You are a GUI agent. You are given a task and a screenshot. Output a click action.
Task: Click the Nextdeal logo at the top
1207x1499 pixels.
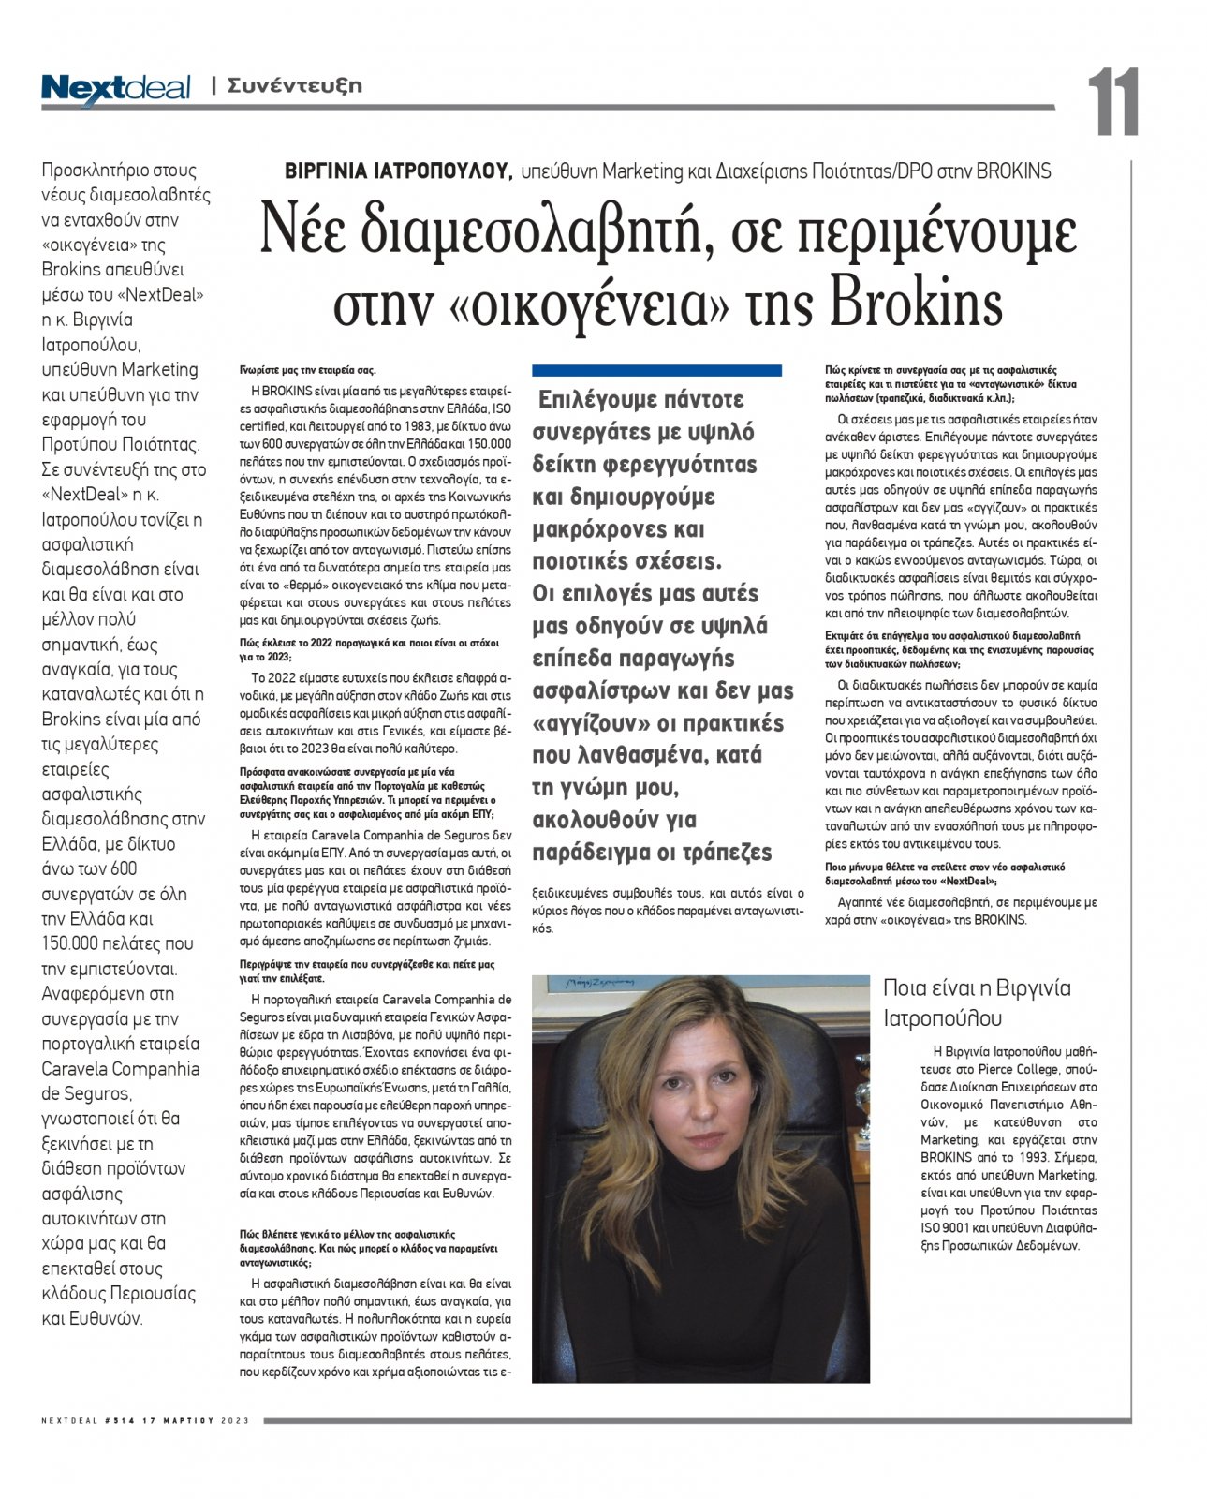click(115, 88)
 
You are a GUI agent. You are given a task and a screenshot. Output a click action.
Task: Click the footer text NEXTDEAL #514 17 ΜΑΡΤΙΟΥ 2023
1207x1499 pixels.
click(145, 1421)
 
